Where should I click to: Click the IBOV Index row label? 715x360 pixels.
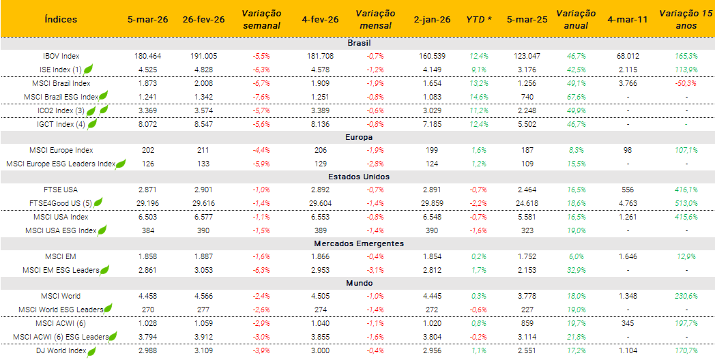coord(61,55)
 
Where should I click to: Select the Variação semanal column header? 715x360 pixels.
coord(261,19)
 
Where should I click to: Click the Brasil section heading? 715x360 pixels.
coord(358,42)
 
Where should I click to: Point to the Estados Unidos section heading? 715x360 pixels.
coord(358,177)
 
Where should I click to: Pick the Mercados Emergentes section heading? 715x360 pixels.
coord(358,243)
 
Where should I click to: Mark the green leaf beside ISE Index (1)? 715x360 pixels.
coord(88,69)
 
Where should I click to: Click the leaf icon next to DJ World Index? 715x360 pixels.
coord(92,350)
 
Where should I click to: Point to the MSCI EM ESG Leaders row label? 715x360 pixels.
coord(61,270)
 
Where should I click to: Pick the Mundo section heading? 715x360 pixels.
coord(358,283)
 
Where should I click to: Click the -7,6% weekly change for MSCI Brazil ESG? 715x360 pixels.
coord(261,97)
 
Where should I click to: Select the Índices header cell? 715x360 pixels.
coord(61,19)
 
